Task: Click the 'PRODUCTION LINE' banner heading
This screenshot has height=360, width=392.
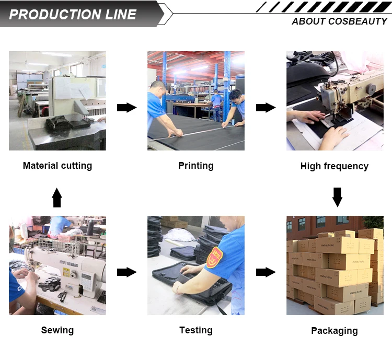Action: tap(73, 15)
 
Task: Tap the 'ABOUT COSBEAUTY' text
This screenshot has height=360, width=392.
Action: tap(340, 21)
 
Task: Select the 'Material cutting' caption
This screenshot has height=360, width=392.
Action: tap(57, 166)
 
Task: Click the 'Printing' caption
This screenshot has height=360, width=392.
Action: tap(196, 166)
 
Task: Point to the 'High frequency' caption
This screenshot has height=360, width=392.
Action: tap(335, 166)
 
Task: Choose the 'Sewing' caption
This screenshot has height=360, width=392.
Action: tap(57, 330)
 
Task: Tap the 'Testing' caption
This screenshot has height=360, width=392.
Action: tap(196, 330)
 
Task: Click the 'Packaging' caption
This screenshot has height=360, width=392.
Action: tap(335, 331)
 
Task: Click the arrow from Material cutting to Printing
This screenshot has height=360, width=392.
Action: tap(127, 108)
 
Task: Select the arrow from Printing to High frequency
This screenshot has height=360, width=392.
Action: tap(266, 108)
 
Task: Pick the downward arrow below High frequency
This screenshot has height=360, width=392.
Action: tap(337, 198)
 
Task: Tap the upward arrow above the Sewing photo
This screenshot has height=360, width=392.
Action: tap(57, 198)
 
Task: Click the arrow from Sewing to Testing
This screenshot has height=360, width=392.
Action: tap(127, 272)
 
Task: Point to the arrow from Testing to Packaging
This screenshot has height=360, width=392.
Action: tap(266, 272)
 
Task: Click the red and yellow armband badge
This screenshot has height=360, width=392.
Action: tap(214, 258)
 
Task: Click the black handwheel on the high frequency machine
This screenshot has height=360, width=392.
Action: tap(371, 89)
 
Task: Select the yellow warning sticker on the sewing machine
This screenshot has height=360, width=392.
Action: tap(66, 272)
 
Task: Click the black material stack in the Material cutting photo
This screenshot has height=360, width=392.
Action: tap(67, 123)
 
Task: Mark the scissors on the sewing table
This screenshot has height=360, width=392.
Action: tap(62, 296)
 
